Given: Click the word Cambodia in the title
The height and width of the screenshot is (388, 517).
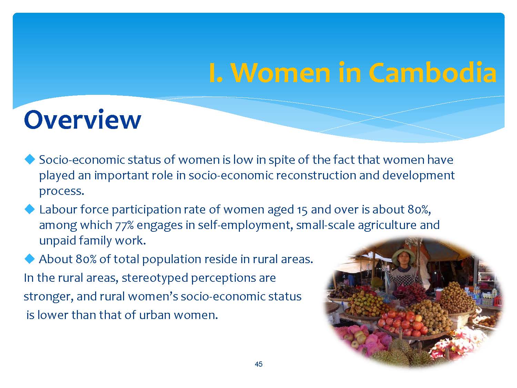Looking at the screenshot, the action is coord(433,73).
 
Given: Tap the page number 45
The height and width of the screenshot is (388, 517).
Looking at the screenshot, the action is coord(258,364).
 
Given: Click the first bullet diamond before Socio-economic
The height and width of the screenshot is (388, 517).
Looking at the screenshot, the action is coord(30,159).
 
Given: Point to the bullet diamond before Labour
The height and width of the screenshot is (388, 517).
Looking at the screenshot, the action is coord(30,209).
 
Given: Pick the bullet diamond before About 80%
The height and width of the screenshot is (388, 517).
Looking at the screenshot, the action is coord(30,259).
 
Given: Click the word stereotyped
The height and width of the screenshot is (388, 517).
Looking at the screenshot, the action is coord(154,278).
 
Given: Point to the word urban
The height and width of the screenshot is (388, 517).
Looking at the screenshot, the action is coord(155,315).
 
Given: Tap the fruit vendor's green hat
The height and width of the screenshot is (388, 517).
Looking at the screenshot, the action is coord(403,255).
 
